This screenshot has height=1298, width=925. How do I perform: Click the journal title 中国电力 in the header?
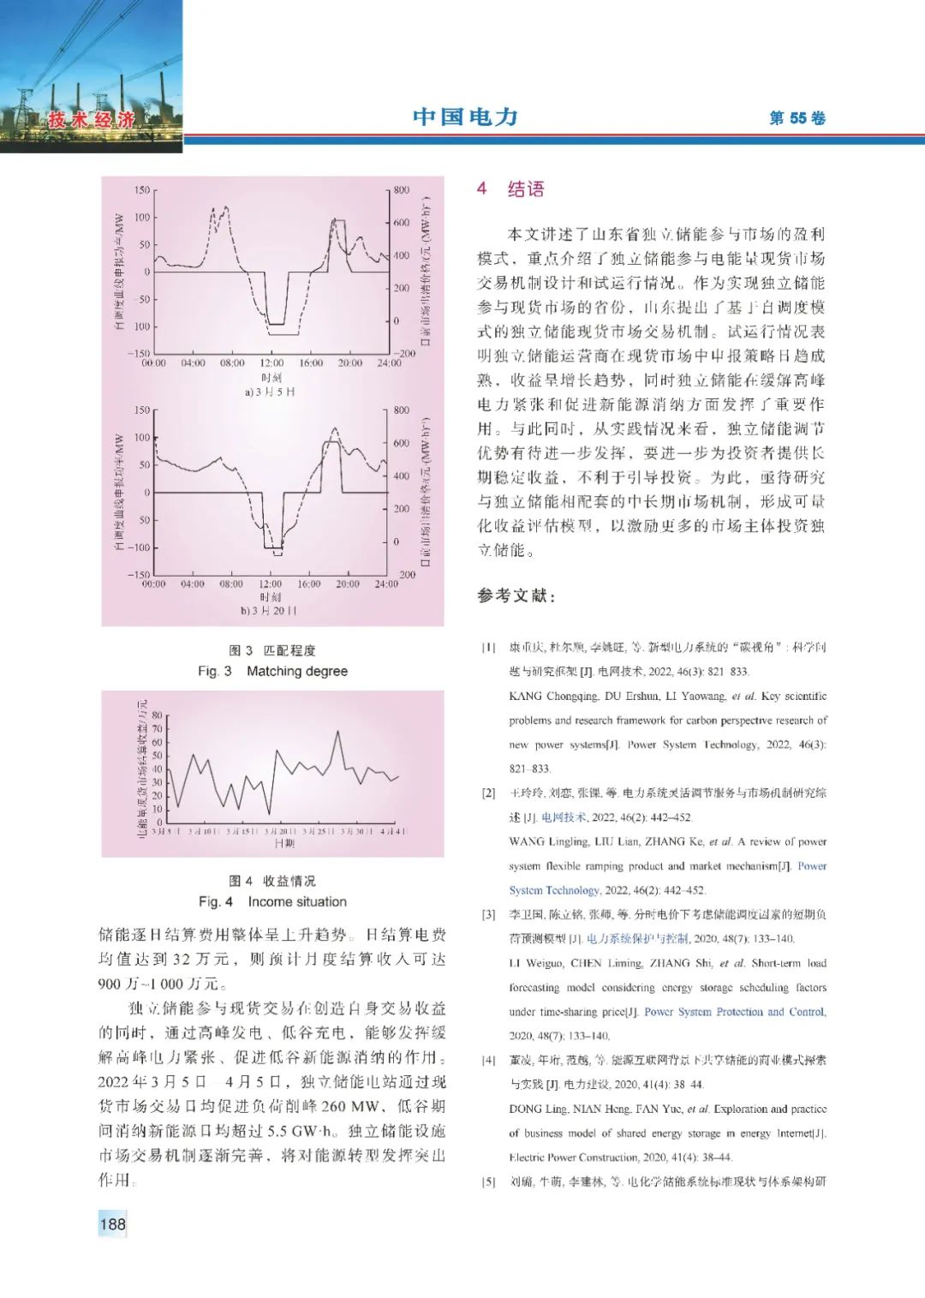[465, 117]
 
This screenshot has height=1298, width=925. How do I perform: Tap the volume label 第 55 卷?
[797, 118]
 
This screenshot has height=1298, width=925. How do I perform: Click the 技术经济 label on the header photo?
[92, 120]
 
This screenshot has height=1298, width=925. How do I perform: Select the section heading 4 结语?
[510, 189]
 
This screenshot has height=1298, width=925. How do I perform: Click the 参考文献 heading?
[516, 595]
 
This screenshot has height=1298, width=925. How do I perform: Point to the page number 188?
[112, 1223]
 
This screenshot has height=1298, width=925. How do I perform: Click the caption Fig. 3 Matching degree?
[272, 671]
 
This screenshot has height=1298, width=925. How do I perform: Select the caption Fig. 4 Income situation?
[272, 901]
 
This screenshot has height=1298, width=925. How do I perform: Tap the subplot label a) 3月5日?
[269, 392]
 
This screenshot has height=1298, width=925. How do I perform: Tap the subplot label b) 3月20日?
[269, 611]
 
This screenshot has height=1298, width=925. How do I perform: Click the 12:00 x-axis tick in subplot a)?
[272, 363]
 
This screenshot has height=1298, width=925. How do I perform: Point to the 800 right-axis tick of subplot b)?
[401, 410]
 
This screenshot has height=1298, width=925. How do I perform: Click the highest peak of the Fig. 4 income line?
[338, 732]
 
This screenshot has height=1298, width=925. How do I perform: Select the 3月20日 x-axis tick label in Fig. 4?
[280, 832]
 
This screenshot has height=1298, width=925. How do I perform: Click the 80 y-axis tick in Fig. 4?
[157, 715]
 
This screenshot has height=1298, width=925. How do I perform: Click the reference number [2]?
[488, 793]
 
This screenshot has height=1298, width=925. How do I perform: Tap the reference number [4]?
[488, 1061]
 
